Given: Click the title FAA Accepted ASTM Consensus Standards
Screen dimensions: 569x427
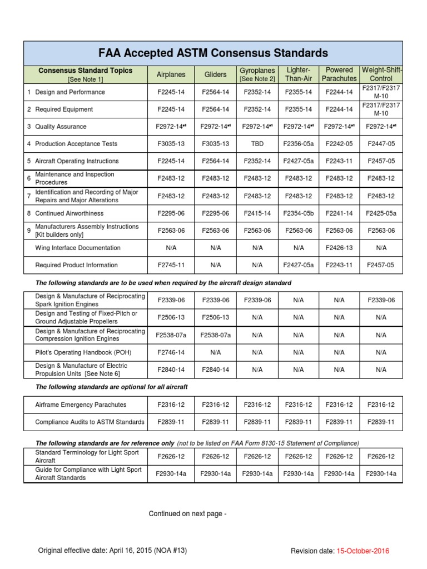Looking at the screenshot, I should coord(213,53).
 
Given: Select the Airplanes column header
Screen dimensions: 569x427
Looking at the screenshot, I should coord(170,74).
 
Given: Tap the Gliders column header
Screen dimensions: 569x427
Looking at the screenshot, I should coord(215,74).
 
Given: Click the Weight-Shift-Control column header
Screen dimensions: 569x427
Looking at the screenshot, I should coord(381,74).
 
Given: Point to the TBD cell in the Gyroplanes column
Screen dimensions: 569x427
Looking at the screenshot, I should coord(257,144).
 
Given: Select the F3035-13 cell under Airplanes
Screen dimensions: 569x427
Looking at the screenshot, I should coord(170,144).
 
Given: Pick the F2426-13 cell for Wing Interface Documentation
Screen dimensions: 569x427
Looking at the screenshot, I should coord(339,248).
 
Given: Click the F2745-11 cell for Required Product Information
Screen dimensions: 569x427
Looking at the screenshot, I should coord(170,265).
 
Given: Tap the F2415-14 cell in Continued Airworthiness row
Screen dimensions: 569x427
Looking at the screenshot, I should coord(257,213).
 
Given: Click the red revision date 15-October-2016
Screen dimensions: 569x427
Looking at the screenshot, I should coord(363,551).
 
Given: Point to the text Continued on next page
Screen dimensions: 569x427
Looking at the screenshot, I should coord(187,514).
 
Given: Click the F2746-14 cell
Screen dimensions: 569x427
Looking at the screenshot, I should coord(170,352).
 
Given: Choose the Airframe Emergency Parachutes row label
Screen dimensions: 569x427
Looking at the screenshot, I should coord(81,405).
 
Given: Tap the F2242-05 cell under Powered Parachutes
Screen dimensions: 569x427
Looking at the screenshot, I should coord(339,144).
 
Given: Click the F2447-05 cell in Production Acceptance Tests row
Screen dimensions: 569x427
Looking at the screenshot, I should coord(381,144).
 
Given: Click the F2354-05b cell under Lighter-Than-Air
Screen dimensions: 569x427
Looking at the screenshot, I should coord(299,213).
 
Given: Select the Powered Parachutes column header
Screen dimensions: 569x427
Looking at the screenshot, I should coord(339,74).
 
